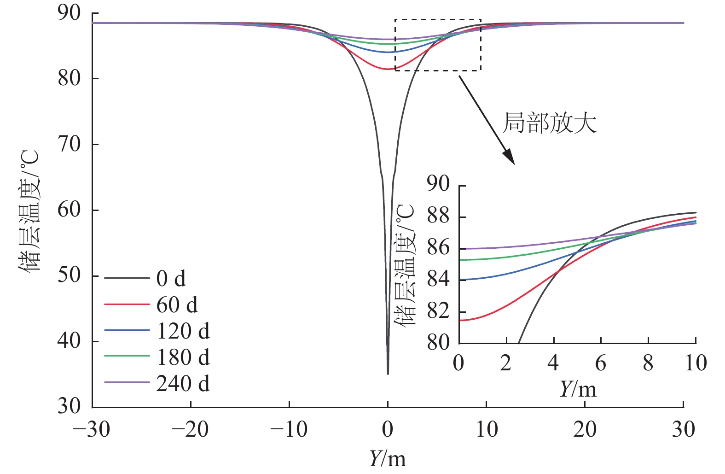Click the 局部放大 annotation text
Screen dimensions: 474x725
pos(549,123)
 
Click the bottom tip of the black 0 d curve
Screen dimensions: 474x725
pos(388,374)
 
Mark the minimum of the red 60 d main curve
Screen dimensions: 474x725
pos(388,69)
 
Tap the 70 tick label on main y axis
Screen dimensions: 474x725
pos(69,144)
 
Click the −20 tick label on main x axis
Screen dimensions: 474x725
pos(190,430)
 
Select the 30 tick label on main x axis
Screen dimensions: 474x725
pos(683,430)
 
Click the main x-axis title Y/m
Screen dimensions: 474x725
pos(387,458)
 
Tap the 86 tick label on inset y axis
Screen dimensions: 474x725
pos(438,248)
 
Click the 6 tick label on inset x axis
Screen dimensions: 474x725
pos(601,363)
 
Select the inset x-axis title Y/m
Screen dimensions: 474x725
pos(578,389)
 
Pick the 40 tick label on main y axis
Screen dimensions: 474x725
pos(69,341)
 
